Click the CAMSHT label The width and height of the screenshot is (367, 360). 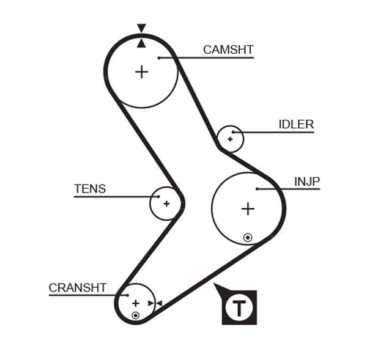point(228,50)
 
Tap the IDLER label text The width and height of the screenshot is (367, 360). point(296,125)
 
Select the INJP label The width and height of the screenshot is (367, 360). point(307,182)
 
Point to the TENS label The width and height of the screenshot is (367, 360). point(90,189)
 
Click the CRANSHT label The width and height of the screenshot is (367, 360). point(78,287)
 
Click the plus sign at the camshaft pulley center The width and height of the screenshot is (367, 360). point(141,72)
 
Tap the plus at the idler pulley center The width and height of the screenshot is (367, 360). point(230,139)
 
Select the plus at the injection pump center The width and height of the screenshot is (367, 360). point(247,209)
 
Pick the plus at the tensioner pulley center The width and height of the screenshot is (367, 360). point(166,203)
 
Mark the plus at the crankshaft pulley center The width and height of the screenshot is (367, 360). point(135,303)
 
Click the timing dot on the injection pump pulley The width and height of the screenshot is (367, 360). point(248,237)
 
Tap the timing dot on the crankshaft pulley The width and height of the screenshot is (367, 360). point(135,315)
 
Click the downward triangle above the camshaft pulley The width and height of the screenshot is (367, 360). point(141,28)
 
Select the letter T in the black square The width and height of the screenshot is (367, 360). point(239,307)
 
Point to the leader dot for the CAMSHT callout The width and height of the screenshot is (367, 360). point(158,58)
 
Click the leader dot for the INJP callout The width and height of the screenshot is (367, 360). point(258,189)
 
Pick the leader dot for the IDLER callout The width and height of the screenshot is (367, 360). point(234,132)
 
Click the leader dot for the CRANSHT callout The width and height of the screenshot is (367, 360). point(128,295)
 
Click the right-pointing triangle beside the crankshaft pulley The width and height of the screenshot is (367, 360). point(150,303)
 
